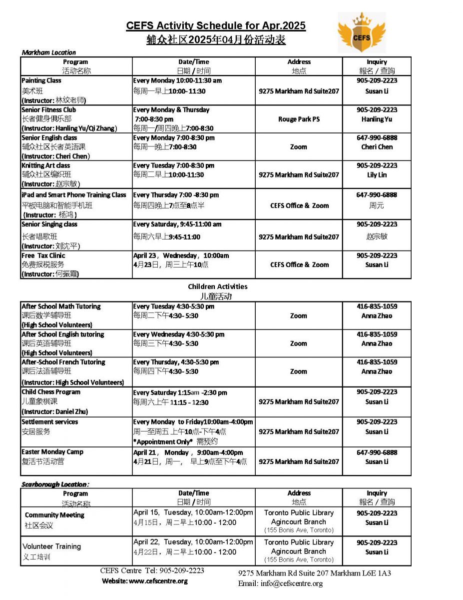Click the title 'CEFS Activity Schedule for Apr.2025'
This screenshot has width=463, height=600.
[216, 26]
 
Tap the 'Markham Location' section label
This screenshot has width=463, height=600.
[49, 52]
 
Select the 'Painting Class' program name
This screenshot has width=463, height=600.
[41, 80]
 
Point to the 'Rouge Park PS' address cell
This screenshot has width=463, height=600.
[299, 119]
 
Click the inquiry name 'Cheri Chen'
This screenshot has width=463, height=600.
[377, 147]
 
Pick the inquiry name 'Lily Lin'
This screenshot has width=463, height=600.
[377, 175]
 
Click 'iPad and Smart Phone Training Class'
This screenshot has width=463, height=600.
[74, 195]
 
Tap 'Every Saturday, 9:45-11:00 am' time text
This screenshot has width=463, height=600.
[177, 224]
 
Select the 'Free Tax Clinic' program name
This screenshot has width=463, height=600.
[43, 255]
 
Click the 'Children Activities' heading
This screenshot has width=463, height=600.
[217, 286]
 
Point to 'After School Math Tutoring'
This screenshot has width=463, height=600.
[61, 306]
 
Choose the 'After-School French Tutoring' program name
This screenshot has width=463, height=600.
[63, 362]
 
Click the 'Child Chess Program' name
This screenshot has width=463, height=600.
[51, 392]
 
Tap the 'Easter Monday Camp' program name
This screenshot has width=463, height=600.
[52, 452]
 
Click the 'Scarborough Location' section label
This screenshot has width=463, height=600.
[55, 484]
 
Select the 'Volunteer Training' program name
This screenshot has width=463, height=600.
[51, 546]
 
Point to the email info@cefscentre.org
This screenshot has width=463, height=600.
[280, 583]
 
